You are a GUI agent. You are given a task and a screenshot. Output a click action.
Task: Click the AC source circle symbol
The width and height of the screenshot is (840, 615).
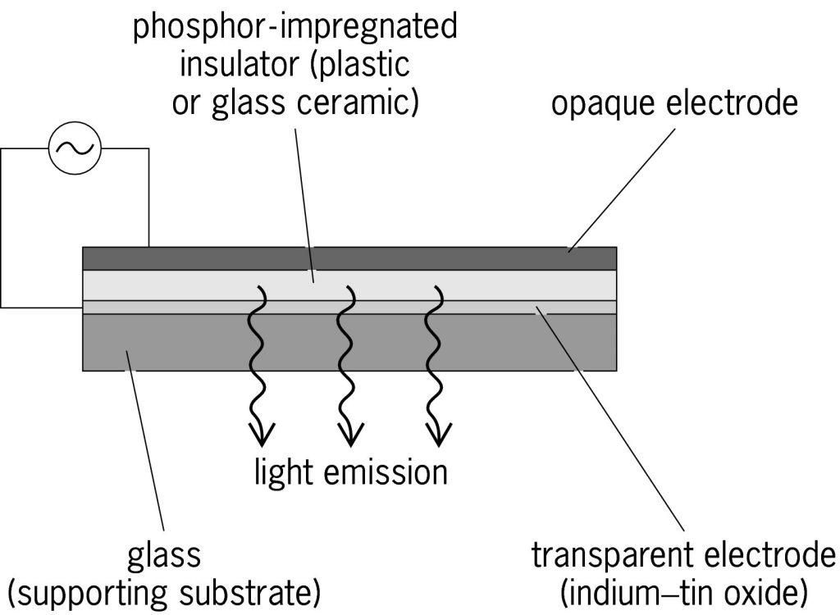[x=75, y=148]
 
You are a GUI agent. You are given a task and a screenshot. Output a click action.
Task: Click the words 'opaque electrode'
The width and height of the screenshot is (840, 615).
[x=674, y=104]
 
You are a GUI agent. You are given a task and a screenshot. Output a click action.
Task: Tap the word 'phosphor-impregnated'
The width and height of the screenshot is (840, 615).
[x=295, y=26]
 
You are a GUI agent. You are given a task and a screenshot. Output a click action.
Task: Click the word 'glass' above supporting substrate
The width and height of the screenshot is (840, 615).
[x=164, y=555]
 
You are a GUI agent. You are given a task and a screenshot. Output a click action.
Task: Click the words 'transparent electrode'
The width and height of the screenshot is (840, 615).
[x=683, y=555]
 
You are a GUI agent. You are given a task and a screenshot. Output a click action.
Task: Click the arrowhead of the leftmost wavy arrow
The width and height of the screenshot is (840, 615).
[x=262, y=430]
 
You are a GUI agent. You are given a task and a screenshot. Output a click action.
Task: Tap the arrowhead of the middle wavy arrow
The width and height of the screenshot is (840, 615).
[x=350, y=430]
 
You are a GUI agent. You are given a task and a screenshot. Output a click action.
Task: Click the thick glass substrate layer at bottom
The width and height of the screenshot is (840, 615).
[x=492, y=342]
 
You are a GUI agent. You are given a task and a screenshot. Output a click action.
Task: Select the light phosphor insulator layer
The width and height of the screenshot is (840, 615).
[x=492, y=285]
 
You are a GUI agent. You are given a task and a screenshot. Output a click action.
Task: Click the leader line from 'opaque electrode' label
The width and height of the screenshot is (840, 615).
[x=623, y=184]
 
